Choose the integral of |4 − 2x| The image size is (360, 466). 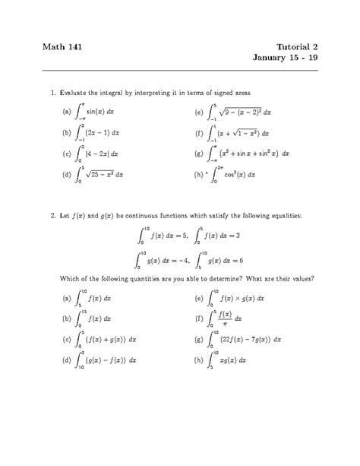point(99,154)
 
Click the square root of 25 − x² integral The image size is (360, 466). point(99,175)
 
